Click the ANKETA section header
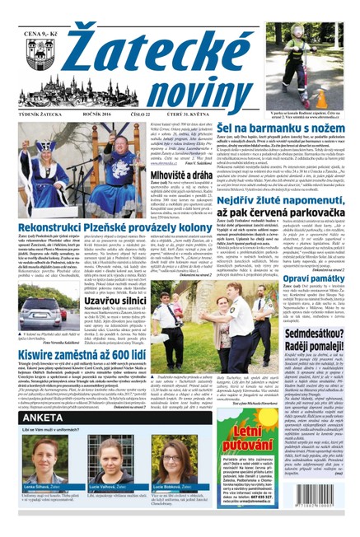tap(40, 441)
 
